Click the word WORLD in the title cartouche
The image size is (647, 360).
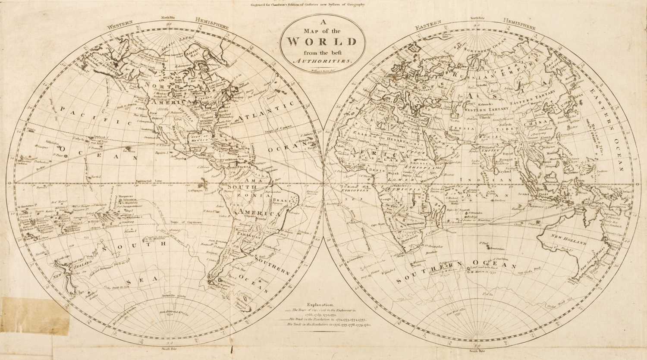coord(321,42)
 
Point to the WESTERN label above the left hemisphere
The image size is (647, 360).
coord(120,25)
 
